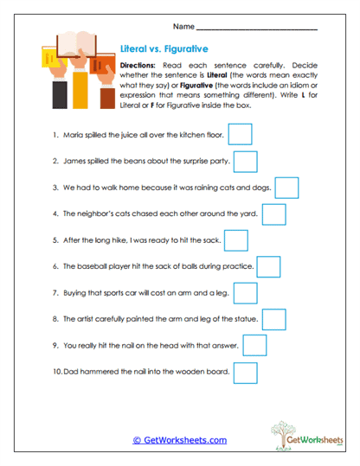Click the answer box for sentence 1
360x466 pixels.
[240, 134]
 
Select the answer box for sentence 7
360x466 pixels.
[245, 294]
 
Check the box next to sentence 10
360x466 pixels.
[246, 373]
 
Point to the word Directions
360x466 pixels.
[137, 66]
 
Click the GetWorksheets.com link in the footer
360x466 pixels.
[179, 440]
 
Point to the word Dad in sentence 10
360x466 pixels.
[73, 373]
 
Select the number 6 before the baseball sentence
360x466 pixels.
[55, 267]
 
